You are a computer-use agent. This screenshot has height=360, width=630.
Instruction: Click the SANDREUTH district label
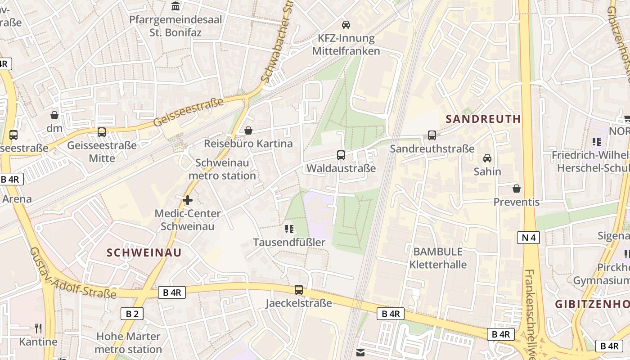click(483, 119)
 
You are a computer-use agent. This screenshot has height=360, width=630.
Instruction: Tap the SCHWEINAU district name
click(144, 252)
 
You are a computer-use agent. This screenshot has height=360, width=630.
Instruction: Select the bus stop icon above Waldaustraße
click(341, 155)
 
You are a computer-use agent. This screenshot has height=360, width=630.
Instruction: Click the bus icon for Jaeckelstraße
click(299, 290)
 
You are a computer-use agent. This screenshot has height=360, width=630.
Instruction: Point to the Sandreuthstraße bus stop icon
click(432, 135)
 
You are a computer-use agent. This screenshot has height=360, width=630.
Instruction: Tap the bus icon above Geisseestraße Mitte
click(102, 132)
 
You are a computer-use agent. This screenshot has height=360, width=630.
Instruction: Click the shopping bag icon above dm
click(54, 115)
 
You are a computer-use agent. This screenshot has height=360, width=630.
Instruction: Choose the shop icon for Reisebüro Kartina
click(248, 130)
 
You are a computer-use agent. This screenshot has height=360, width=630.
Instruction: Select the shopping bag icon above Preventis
click(517, 188)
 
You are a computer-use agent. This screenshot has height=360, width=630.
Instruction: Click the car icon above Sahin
click(487, 158)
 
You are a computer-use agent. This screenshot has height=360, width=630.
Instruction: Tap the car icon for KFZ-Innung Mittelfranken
click(346, 24)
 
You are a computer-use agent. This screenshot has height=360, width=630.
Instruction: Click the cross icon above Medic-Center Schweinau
click(188, 200)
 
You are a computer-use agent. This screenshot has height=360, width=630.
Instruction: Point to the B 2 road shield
click(132, 314)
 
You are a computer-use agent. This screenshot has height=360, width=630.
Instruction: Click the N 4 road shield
click(528, 237)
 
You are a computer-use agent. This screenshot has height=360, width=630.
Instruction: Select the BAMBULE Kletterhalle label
click(438, 258)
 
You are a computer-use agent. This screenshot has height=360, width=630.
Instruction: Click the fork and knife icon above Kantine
click(38, 328)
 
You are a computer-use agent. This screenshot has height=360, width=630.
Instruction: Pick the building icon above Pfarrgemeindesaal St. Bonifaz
click(175, 6)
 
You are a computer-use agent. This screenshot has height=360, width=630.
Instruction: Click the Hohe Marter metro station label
click(128, 342)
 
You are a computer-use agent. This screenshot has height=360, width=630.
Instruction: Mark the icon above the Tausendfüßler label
click(289, 229)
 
